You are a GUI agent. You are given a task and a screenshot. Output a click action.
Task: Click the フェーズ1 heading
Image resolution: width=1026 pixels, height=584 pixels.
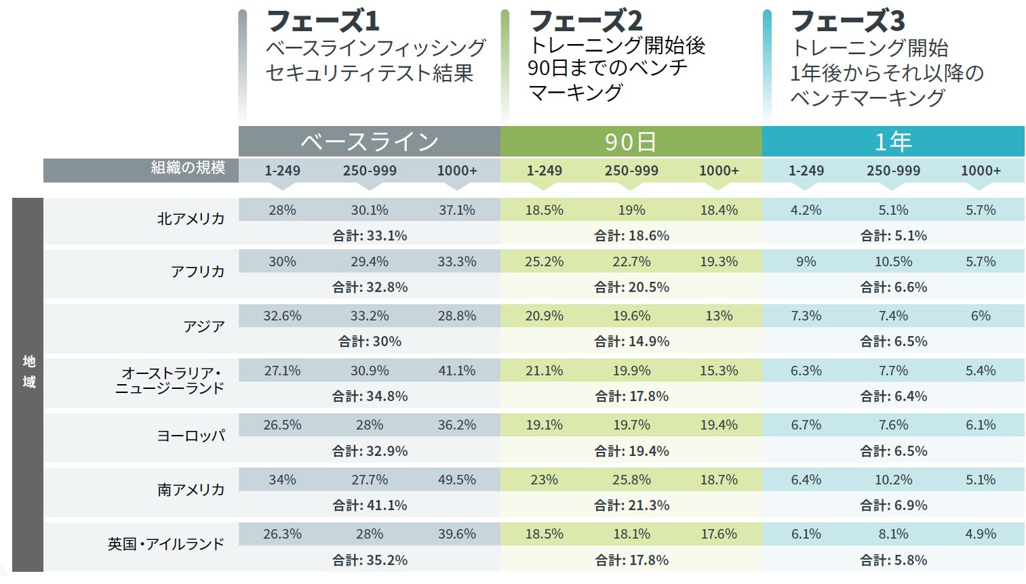pyautogui.click(x=322, y=21)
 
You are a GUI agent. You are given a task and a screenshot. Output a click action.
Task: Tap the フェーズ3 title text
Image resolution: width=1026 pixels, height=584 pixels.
pyautogui.click(x=847, y=21)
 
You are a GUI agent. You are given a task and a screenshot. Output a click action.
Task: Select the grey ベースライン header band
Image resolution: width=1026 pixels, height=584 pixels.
pyautogui.click(x=370, y=142)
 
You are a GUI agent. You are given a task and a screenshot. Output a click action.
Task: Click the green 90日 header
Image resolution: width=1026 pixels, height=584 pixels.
pyautogui.click(x=631, y=142)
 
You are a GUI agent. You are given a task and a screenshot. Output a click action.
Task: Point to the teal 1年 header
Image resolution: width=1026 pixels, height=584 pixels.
pyautogui.click(x=893, y=142)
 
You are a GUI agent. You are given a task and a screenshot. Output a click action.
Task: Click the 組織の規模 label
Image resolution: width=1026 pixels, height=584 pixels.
pyautogui.click(x=188, y=168)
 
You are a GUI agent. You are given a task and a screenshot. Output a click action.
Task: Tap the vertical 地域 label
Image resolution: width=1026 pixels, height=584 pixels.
pyautogui.click(x=28, y=371)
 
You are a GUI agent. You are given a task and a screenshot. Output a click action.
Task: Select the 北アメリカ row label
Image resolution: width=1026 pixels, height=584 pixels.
pyautogui.click(x=191, y=219)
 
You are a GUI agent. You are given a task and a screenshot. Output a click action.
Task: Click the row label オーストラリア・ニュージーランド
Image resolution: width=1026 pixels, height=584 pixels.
pyautogui.click(x=170, y=381)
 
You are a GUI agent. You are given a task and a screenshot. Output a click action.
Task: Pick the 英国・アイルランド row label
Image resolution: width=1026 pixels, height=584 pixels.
pyautogui.click(x=165, y=544)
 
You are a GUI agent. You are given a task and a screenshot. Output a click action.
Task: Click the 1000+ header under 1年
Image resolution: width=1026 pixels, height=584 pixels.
pyautogui.click(x=981, y=171)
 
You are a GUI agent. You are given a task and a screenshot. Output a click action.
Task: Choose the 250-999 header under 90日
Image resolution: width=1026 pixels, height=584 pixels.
pyautogui.click(x=631, y=171)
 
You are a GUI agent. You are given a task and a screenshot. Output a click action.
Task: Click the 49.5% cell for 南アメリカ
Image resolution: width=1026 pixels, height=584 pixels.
pyautogui.click(x=456, y=480)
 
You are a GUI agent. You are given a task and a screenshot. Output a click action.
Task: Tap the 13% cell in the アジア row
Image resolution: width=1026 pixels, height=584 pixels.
pyautogui.click(x=719, y=316)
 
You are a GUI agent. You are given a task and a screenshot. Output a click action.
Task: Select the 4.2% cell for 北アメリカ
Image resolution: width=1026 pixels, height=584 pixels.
pyautogui.click(x=806, y=210)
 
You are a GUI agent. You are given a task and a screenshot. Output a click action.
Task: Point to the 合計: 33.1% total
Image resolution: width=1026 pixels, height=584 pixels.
pyautogui.click(x=370, y=236)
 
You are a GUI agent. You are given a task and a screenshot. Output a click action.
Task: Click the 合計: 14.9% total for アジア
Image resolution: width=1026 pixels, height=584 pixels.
pyautogui.click(x=631, y=341)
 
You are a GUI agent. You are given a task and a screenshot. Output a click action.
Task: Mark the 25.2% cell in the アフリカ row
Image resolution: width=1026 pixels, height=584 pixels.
pyautogui.click(x=544, y=262)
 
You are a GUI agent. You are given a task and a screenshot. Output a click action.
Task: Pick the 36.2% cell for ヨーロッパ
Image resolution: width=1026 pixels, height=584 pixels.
pyautogui.click(x=456, y=425)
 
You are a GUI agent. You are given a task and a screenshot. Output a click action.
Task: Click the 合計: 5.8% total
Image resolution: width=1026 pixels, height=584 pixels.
pyautogui.click(x=893, y=560)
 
